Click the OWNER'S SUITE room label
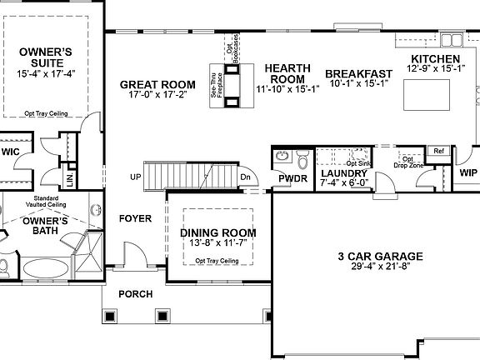click(46, 57)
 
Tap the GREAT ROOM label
click(157, 84)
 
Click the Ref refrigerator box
click(437, 152)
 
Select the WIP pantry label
click(468, 172)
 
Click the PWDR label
click(292, 177)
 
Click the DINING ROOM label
click(217, 232)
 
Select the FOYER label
click(135, 218)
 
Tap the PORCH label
click(134, 293)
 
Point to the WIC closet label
click(10, 152)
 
